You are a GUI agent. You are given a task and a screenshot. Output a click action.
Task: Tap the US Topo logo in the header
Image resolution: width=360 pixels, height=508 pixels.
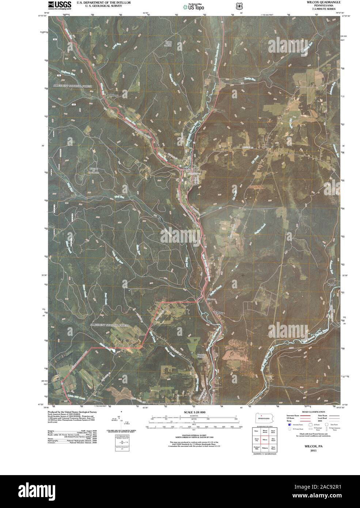[193, 6]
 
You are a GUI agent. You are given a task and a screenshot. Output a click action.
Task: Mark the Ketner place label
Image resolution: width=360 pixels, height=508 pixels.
[331, 284]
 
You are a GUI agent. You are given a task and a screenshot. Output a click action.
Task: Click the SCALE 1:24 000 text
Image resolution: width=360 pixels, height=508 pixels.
[193, 412]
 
